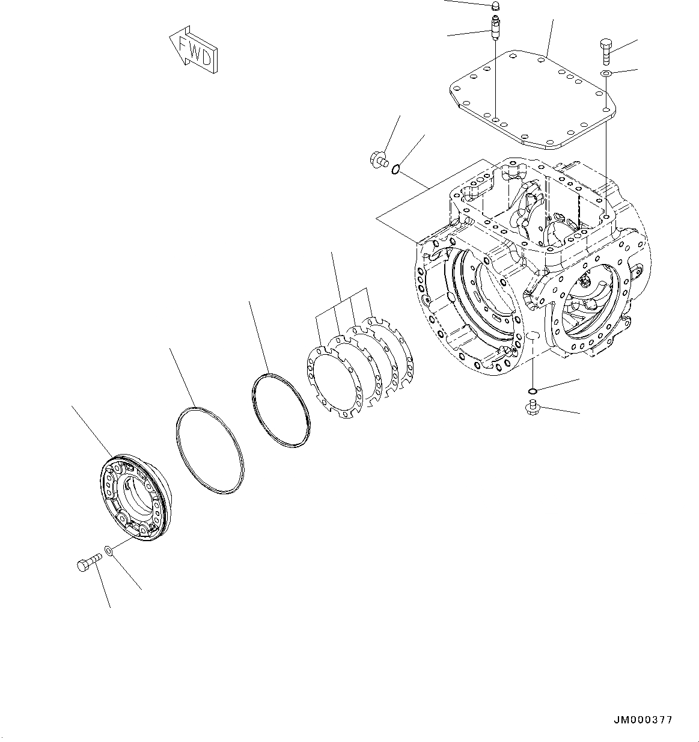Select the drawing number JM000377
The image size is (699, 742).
point(643,720)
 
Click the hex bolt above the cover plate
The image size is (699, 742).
point(605,52)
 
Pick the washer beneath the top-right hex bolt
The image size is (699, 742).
point(606,73)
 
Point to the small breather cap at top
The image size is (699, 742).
point(496,7)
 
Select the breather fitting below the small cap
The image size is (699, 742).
point(495,28)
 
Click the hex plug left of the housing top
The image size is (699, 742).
point(376,160)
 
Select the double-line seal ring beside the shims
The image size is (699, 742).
point(280,411)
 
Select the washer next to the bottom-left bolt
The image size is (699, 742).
point(107,550)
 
